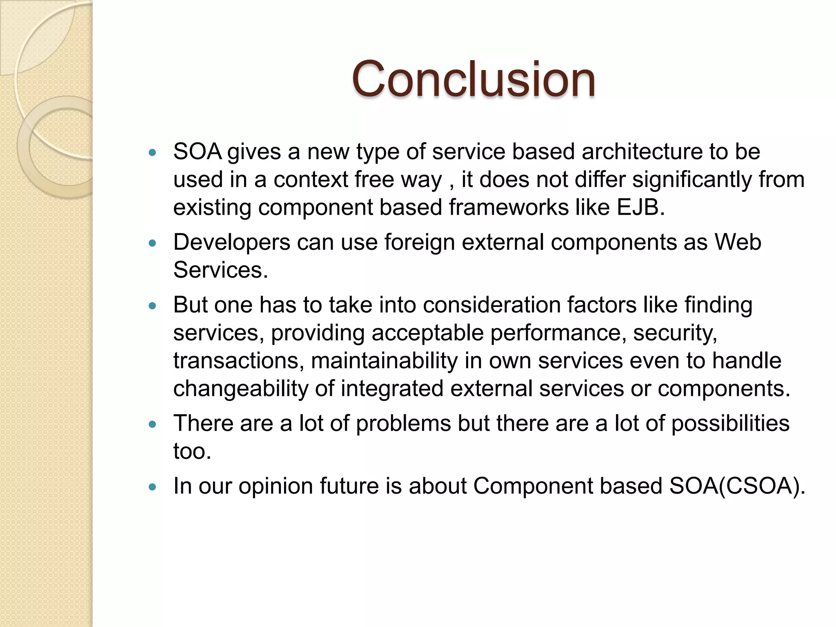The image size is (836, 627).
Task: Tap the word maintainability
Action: (x=384, y=361)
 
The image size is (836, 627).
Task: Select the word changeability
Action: (x=240, y=389)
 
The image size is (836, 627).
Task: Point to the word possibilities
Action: (x=730, y=423)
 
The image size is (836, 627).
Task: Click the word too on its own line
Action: (x=192, y=451)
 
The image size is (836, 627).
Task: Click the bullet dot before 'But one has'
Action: (x=153, y=306)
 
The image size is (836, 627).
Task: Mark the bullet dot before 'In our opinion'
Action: (x=153, y=487)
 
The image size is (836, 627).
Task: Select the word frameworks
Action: (x=509, y=207)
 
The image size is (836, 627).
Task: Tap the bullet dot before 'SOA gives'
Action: (x=153, y=153)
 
